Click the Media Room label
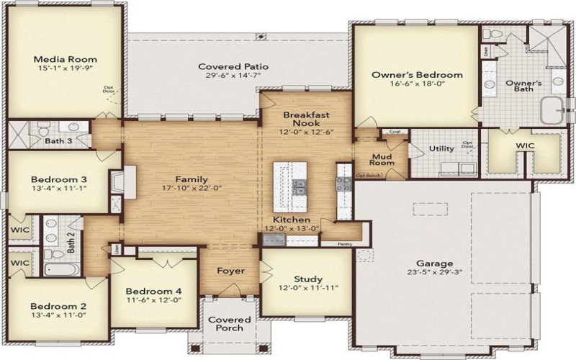click(x=66, y=60)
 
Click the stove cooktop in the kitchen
click(x=343, y=182)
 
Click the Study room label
click(x=308, y=279)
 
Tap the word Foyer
click(x=230, y=271)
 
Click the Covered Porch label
click(x=230, y=324)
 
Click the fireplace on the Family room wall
click(x=130, y=181)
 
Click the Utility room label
click(x=441, y=149)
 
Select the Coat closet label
click(x=395, y=132)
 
